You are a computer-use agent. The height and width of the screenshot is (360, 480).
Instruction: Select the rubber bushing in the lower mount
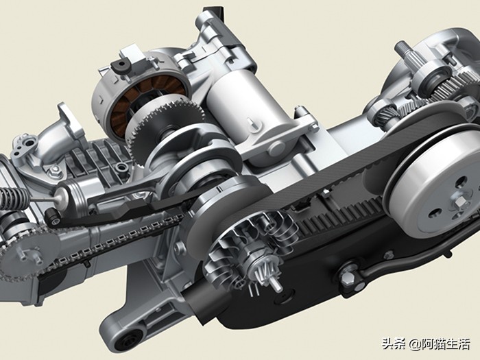click(130, 343)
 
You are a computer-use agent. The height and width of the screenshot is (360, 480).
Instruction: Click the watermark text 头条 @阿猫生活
click(426, 344)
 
